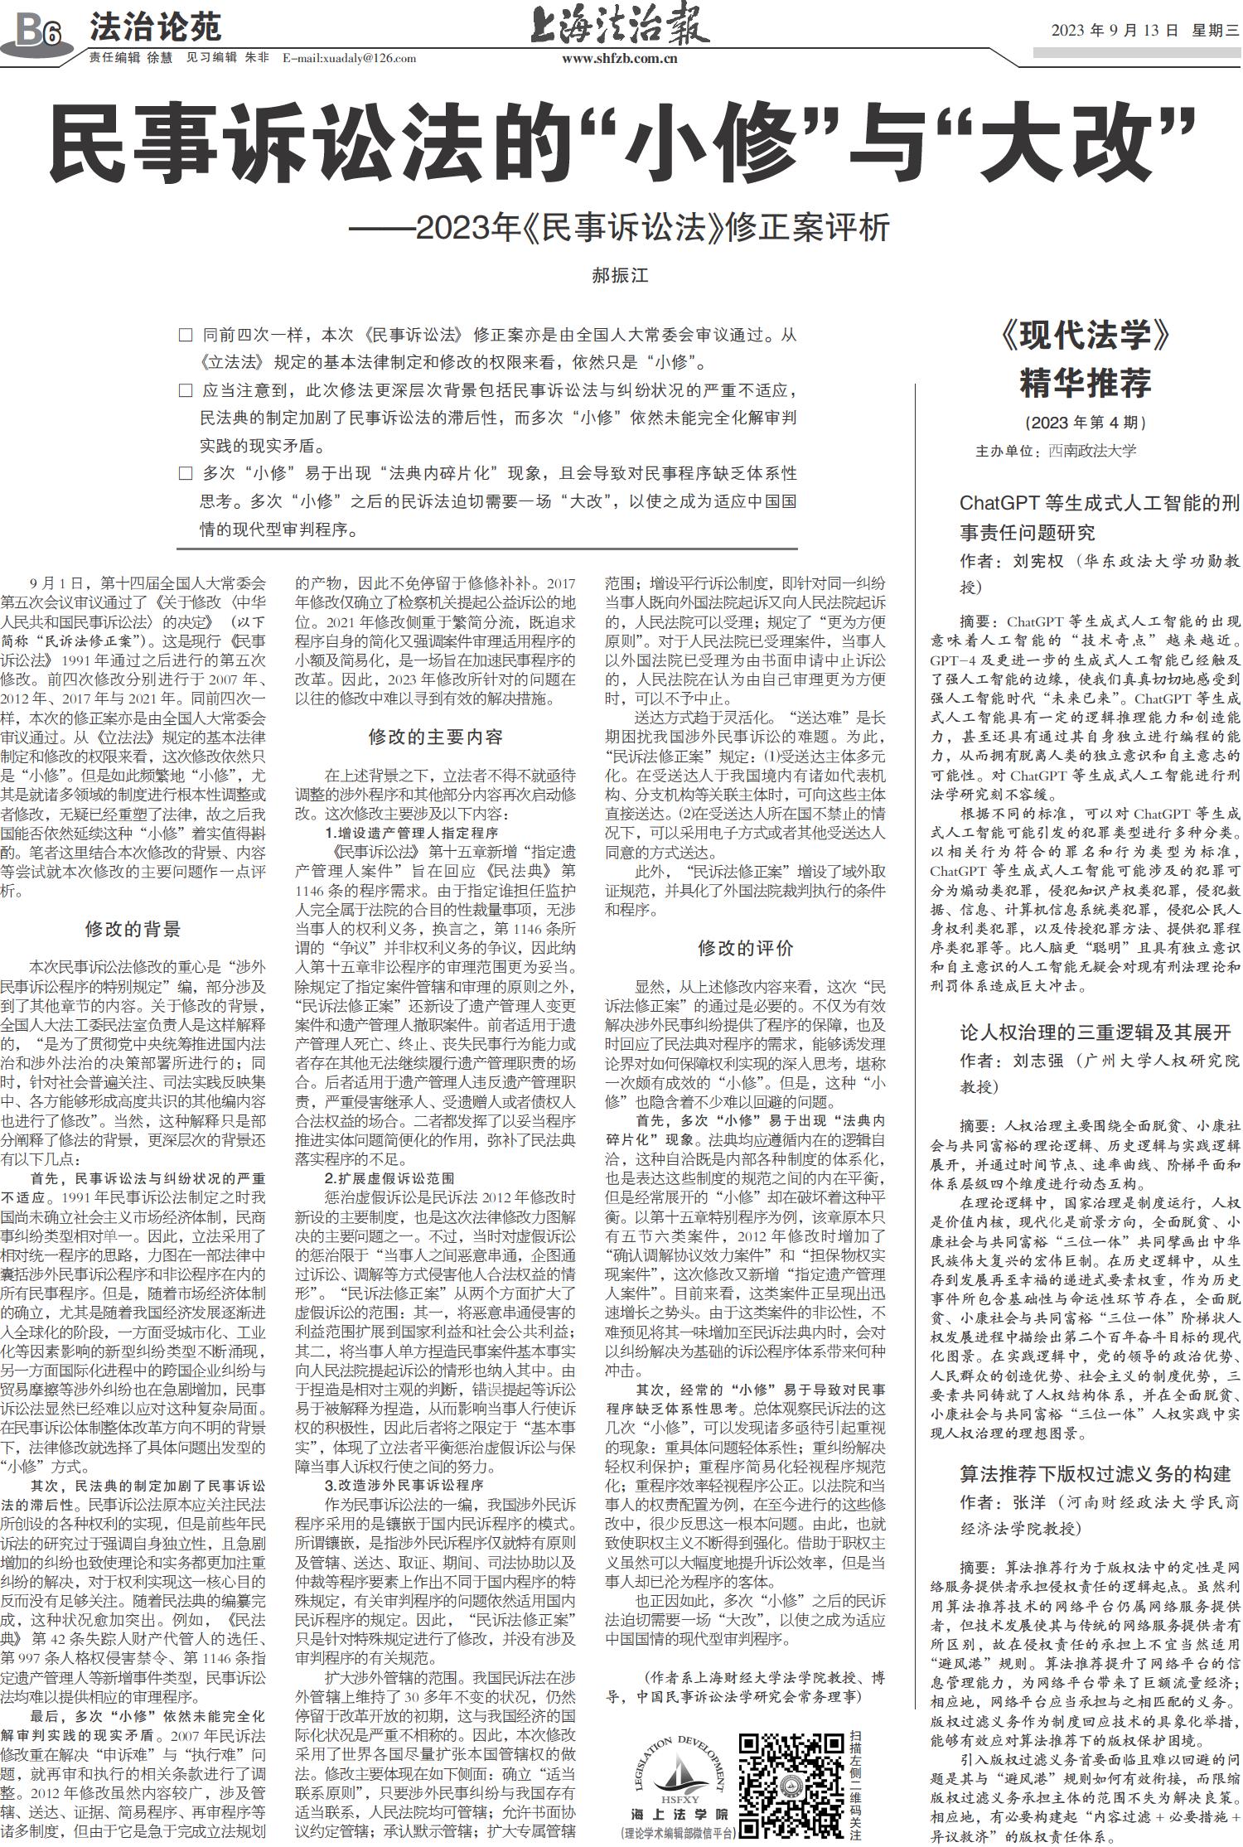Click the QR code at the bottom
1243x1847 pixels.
tap(791, 1787)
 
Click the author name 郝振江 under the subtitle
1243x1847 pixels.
tap(620, 276)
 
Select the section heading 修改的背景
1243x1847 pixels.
tap(133, 929)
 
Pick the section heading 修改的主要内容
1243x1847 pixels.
tap(436, 737)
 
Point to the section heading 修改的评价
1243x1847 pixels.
tap(745, 948)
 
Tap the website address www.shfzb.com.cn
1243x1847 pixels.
tap(620, 59)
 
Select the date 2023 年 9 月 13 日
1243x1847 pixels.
tap(1114, 31)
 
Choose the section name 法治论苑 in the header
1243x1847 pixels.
tap(155, 28)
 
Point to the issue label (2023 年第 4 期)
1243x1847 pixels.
tap(1085, 423)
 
